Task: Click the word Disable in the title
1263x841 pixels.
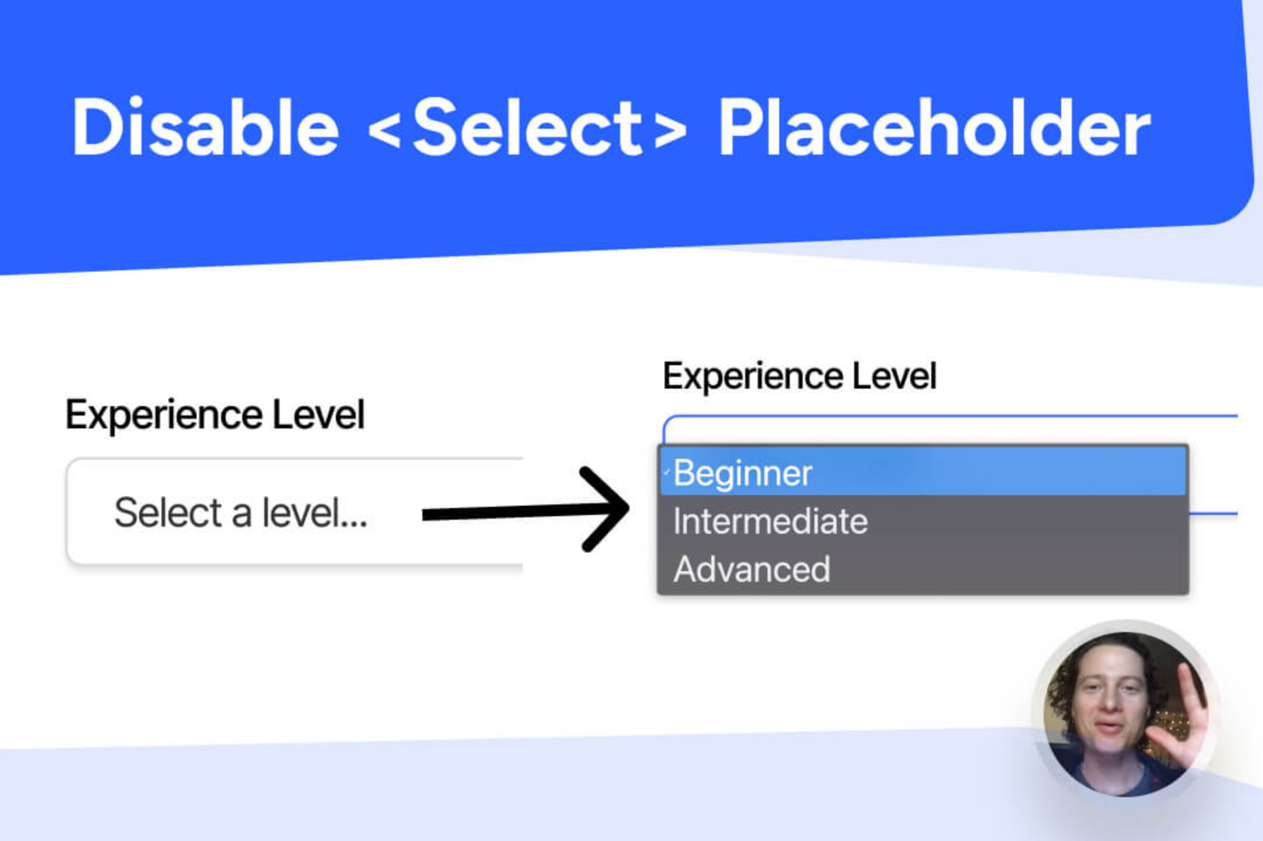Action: tap(205, 128)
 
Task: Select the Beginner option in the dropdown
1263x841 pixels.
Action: tap(743, 473)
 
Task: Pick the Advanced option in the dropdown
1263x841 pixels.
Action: tap(752, 569)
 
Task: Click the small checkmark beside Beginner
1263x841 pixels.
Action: tap(666, 472)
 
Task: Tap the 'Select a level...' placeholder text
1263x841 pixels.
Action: tap(240, 513)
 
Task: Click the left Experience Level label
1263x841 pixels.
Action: tap(215, 415)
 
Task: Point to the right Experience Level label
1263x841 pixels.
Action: tap(799, 376)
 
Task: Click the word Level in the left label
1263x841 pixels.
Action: tap(318, 415)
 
